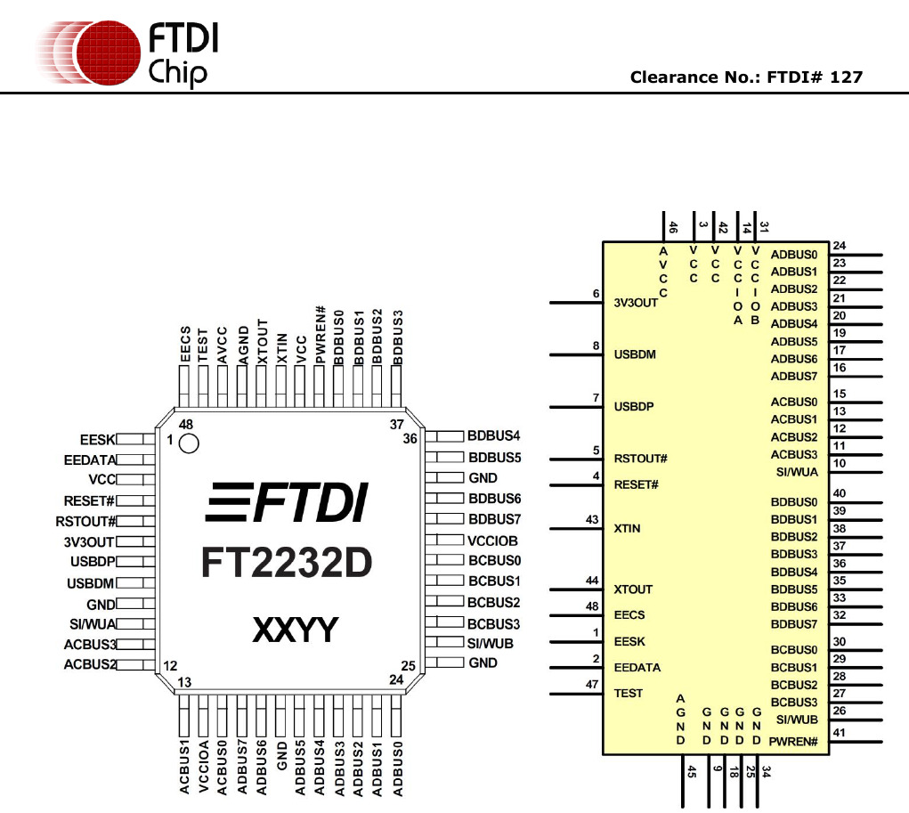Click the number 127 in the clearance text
(x=845, y=77)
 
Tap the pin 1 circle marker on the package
(x=189, y=443)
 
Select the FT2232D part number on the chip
(x=286, y=562)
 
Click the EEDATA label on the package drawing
(x=90, y=459)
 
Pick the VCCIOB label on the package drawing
(x=492, y=541)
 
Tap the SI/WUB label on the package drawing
(x=490, y=643)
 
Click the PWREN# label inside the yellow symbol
(x=796, y=742)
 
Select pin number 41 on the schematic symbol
(x=839, y=733)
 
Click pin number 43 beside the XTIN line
(x=592, y=519)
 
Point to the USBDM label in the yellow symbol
(x=635, y=354)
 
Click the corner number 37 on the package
(x=397, y=424)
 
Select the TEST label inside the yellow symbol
(x=629, y=693)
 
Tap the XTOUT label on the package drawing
(x=262, y=341)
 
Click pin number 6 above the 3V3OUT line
(x=595, y=294)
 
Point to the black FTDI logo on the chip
(x=287, y=502)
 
